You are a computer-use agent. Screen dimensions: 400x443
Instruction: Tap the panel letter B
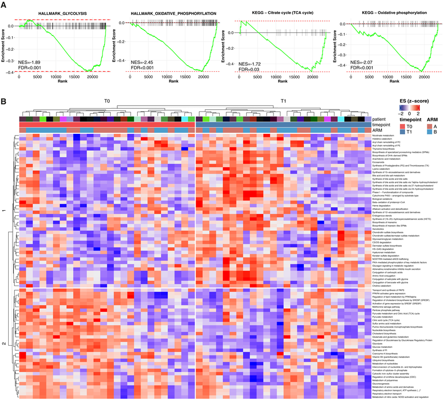point(4,102)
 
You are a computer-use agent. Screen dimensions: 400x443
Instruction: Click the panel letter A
point(4,5)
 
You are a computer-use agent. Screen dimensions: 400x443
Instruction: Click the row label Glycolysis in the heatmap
point(381,345)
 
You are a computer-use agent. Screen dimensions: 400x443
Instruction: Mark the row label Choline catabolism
point(384,285)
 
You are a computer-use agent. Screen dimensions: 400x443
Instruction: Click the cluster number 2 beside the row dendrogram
point(4,337)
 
